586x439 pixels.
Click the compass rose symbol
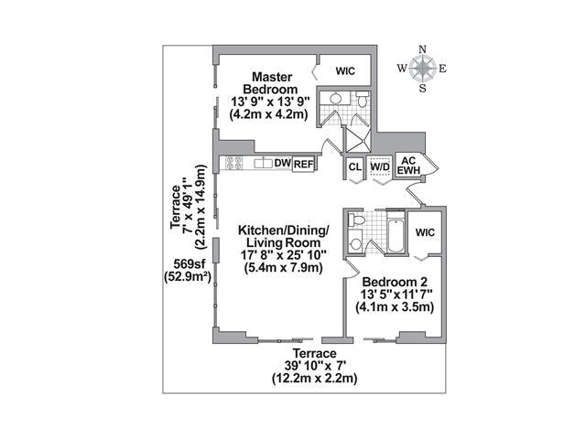pos(422,69)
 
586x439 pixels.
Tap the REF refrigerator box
pos(303,165)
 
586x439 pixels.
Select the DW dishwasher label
pos(283,163)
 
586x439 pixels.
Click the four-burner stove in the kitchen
pos(234,163)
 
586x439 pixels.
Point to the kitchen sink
pos(264,163)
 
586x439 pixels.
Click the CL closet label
pos(354,166)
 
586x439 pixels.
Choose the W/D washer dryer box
pos(380,166)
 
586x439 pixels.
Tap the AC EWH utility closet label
pos(408,166)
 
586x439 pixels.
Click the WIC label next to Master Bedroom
pos(345,71)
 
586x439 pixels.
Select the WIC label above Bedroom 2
pos(425,232)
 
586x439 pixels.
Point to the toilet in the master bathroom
pos(363,100)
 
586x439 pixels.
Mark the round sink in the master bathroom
pos(335,98)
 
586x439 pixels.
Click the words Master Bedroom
pos(270,83)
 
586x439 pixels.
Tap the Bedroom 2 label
pos(395,282)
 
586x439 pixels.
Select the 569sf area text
pos(190,264)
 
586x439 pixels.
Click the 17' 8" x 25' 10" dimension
pos(284,255)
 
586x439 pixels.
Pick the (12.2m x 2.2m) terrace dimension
pos(314,378)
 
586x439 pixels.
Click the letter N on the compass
pos(423,49)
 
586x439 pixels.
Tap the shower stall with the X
pos(357,140)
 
